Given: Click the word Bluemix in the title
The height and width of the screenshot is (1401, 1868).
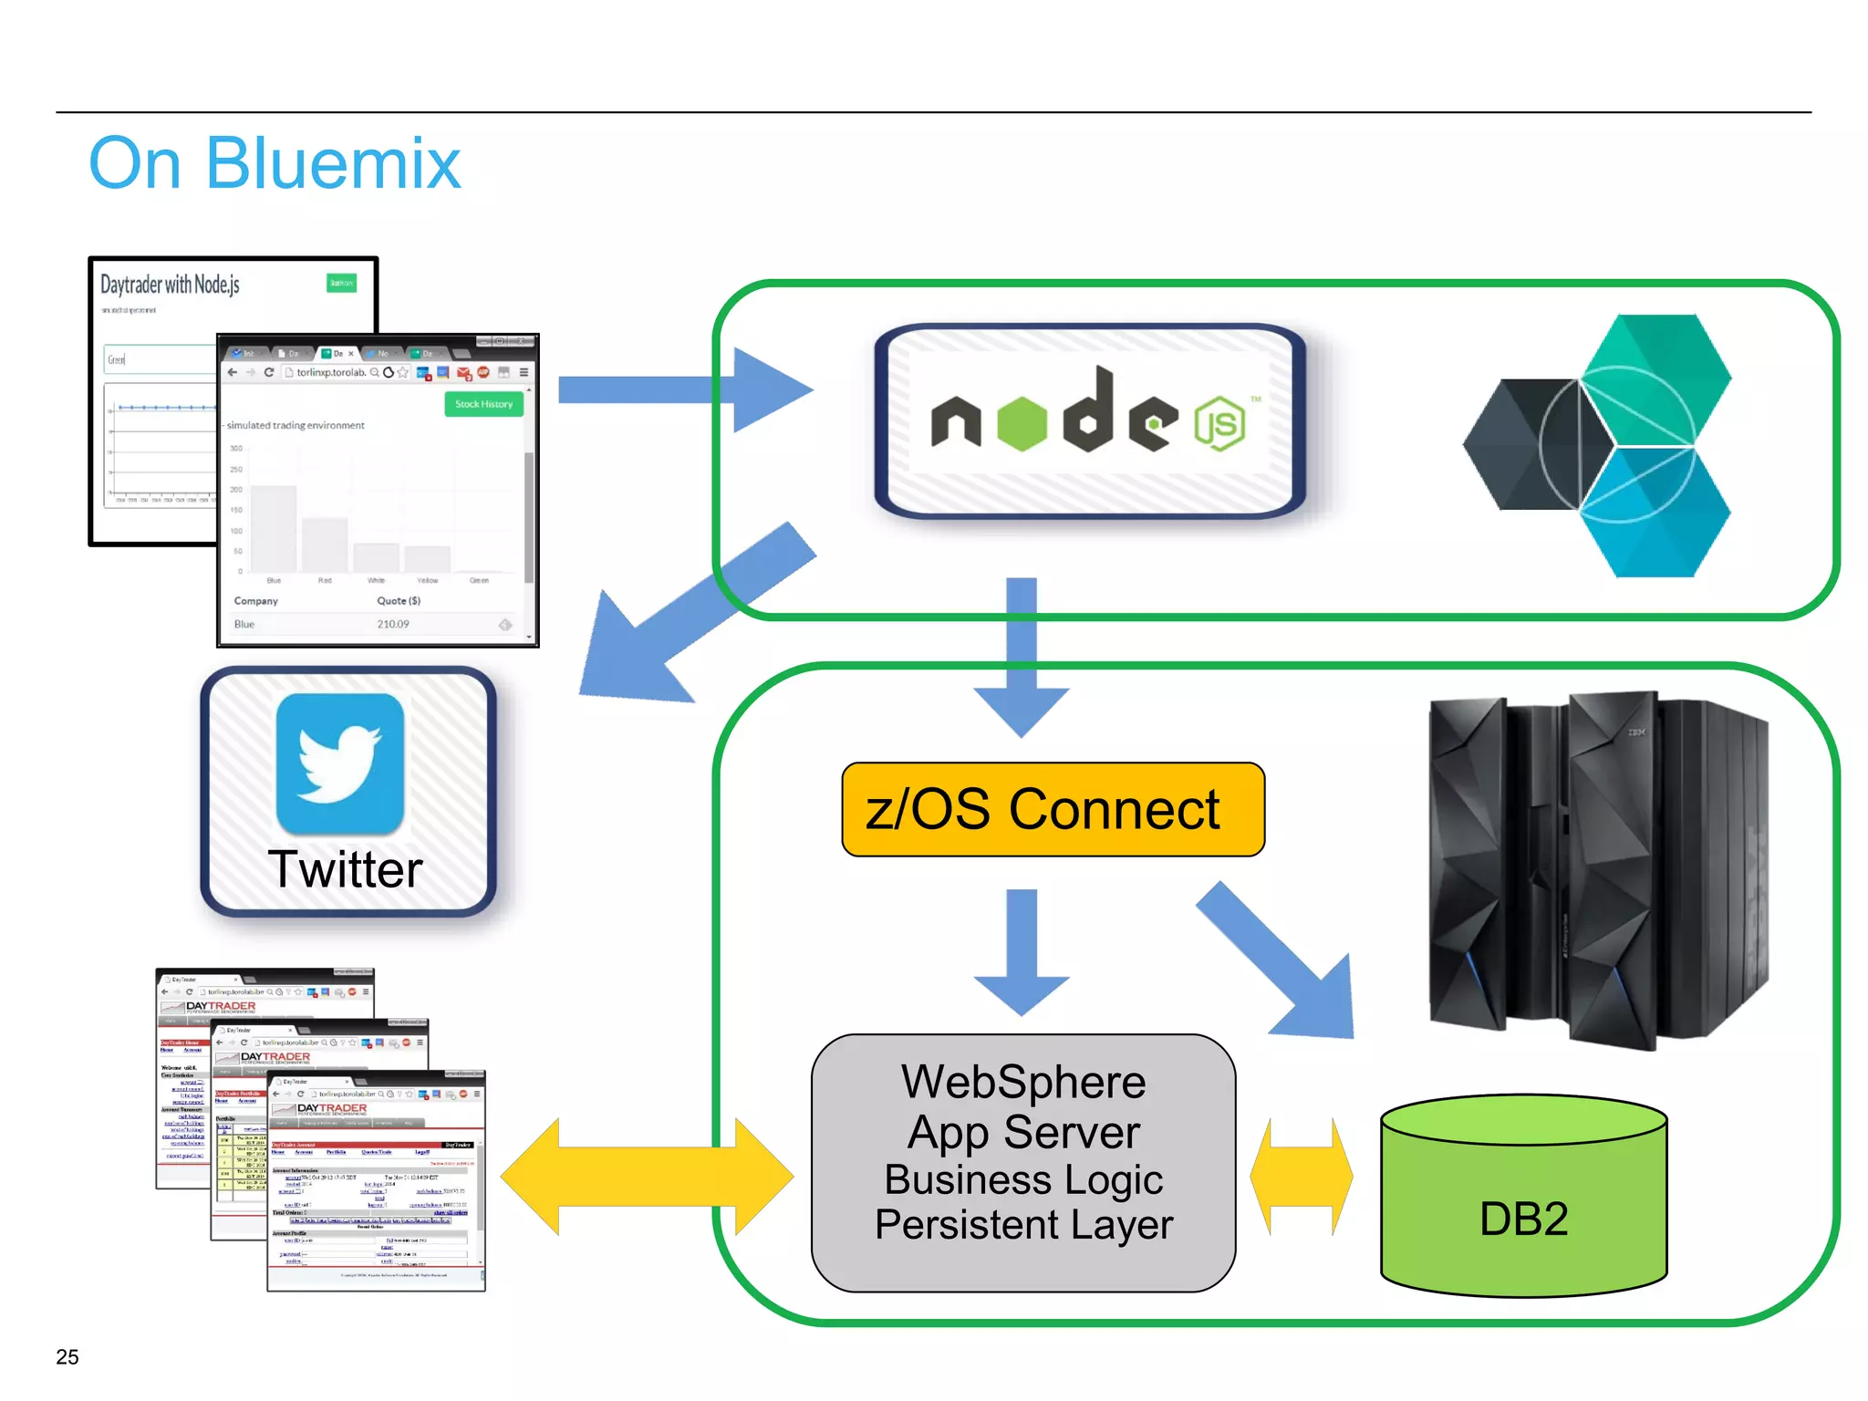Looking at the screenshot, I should point(333,164).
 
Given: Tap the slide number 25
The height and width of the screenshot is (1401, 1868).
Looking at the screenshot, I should point(67,1356).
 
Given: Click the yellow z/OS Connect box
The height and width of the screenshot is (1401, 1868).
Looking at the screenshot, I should point(1053,810).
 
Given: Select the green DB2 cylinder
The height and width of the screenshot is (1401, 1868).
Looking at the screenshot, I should point(1523,1204).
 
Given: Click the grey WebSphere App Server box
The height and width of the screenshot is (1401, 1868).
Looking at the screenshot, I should point(1023,1163).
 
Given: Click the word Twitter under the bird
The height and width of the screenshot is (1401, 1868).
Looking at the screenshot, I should point(346,869).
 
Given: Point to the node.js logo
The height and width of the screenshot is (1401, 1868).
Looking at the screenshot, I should point(1090,422).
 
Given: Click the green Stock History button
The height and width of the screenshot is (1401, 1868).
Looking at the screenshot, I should point(483,404).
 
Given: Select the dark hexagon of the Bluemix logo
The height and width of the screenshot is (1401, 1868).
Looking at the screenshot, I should point(1519,445).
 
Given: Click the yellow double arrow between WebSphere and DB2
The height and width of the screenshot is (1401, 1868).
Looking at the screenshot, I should point(1302,1177).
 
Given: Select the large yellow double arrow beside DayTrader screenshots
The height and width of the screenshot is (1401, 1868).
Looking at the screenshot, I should point(648,1177).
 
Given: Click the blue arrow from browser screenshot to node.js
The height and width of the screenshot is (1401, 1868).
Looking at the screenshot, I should point(684,389).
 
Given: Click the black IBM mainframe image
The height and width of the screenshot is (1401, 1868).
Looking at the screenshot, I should point(1596,871).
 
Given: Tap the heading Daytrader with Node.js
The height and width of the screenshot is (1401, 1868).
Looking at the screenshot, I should point(170,285).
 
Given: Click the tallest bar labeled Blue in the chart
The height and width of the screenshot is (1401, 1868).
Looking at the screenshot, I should point(274,529).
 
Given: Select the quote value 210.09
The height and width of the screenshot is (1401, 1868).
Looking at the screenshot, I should point(393,625).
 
